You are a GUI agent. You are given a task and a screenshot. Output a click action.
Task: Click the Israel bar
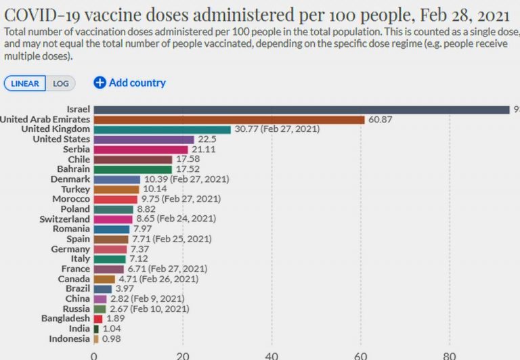coord(301,110)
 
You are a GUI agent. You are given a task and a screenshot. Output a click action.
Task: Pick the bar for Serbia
coord(140,149)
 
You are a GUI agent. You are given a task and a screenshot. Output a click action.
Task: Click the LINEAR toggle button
coord(25,83)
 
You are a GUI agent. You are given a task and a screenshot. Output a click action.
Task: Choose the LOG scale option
coord(61,83)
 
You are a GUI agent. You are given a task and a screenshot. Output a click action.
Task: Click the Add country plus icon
coord(100,83)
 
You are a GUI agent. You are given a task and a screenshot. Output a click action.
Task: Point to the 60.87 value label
coord(381,120)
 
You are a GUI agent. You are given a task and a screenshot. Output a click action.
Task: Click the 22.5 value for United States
coord(207,139)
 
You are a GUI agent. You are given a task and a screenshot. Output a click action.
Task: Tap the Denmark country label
coord(70,179)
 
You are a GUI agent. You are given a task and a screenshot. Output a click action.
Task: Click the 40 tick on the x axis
coord(272,354)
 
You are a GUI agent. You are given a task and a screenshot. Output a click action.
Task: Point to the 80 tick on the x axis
coord(449,354)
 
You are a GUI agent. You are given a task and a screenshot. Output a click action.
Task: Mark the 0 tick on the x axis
coord(93,354)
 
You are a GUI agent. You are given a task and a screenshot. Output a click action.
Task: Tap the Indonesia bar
coord(96,338)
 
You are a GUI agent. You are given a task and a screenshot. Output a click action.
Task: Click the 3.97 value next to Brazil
coord(125,288)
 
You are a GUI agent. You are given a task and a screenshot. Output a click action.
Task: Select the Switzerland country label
coord(65,219)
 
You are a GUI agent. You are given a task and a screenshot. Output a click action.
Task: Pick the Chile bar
coord(133,159)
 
